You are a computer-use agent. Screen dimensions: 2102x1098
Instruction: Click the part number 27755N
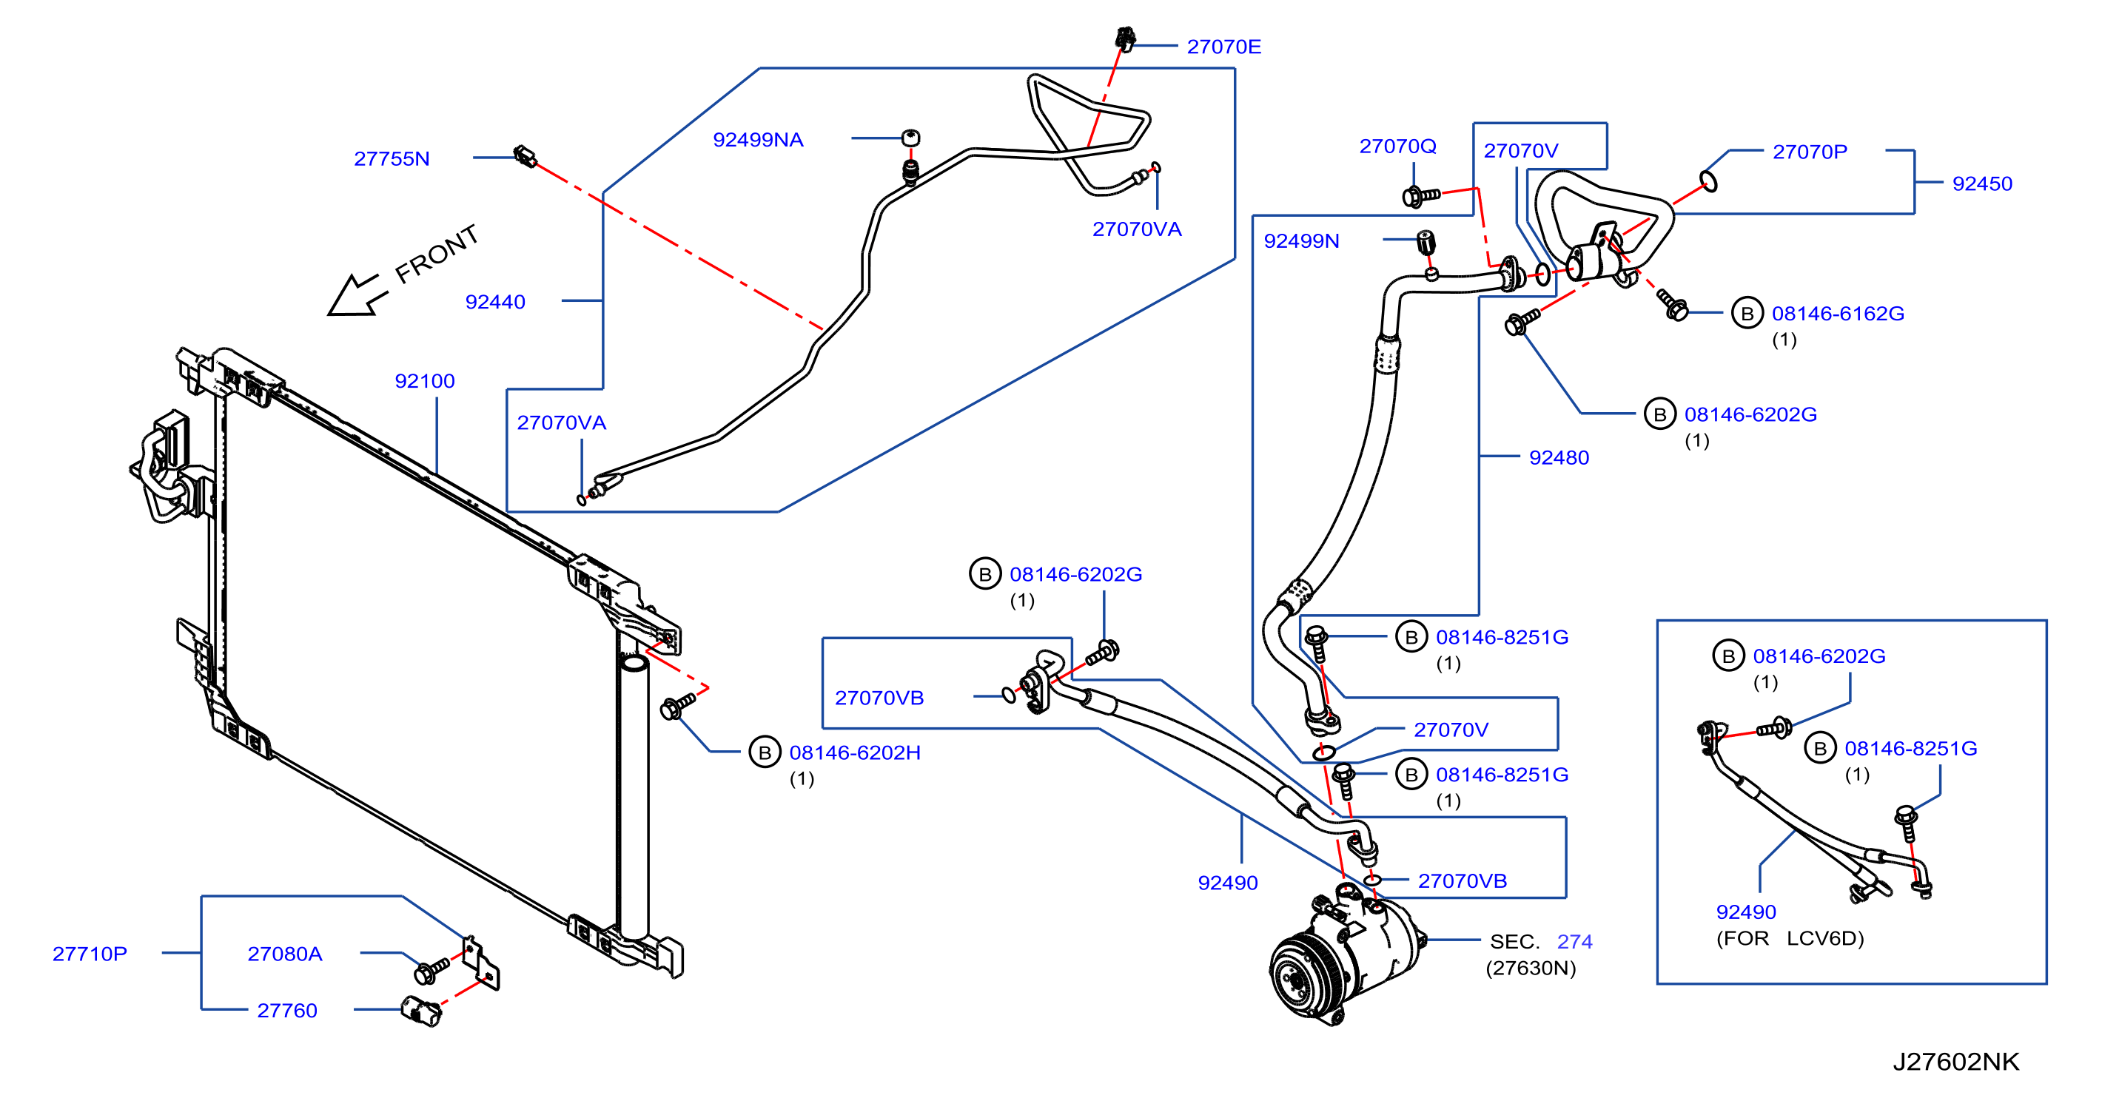coord(392,158)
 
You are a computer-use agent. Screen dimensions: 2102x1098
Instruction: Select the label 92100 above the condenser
coord(424,381)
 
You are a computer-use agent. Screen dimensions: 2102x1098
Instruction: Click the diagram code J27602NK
coord(1955,1061)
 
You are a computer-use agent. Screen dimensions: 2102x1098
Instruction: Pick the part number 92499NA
coord(758,140)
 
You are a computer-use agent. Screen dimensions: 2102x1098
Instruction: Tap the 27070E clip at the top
coord(1125,38)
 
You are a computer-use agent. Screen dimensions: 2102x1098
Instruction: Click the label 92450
coord(1982,183)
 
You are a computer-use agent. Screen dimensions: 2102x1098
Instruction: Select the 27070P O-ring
coord(1709,181)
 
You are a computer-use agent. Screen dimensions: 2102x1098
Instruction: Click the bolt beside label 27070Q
coord(1420,196)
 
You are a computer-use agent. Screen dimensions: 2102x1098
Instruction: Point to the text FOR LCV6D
coord(1790,938)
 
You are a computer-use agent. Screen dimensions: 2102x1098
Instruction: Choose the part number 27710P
coord(90,954)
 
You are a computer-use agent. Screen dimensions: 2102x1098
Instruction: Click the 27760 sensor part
coord(422,1011)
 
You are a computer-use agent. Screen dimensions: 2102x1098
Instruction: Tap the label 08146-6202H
coord(854,752)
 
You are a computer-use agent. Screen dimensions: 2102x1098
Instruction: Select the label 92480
coord(1559,458)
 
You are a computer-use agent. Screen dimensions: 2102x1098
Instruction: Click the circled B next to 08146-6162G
coord(1747,313)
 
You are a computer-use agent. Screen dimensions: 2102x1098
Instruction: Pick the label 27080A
coord(285,954)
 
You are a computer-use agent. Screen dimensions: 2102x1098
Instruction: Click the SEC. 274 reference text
coord(1540,941)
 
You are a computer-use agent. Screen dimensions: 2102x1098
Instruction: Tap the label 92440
coord(494,302)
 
